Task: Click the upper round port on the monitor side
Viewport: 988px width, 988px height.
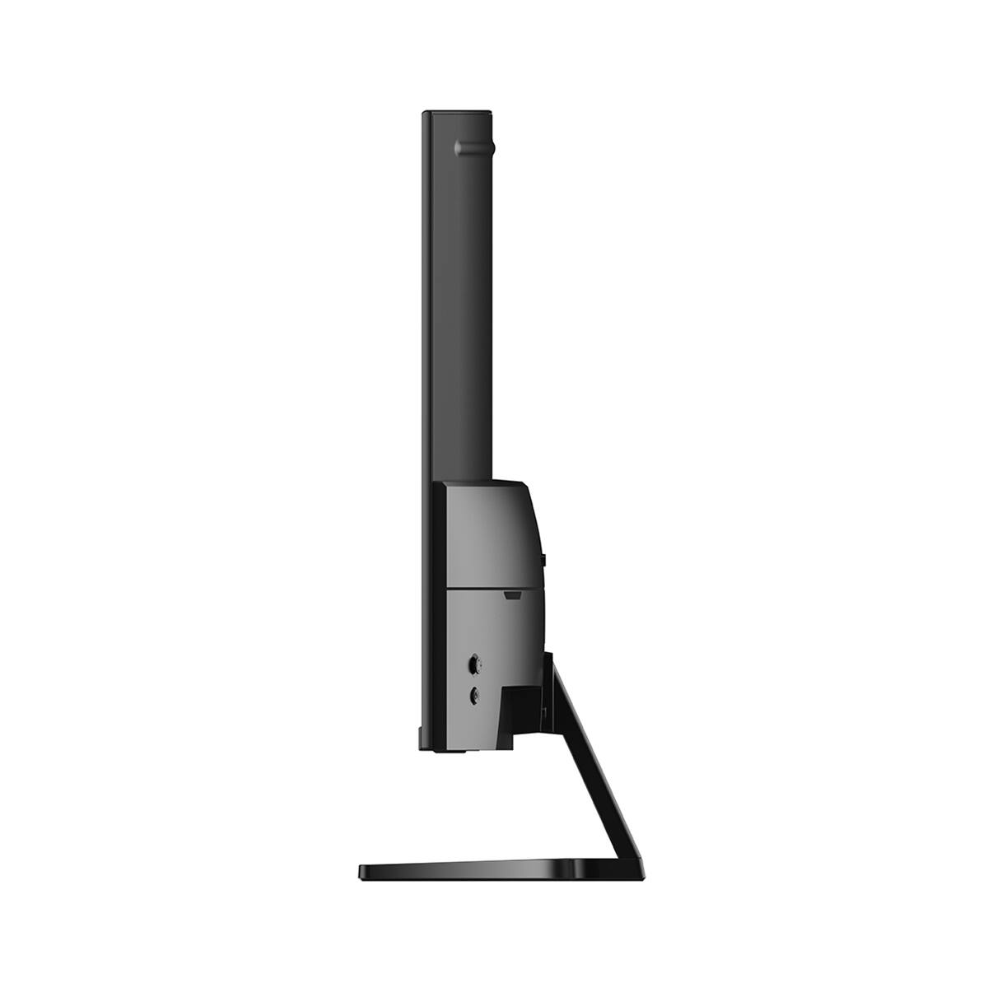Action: [474, 662]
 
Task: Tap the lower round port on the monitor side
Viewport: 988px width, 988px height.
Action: [474, 696]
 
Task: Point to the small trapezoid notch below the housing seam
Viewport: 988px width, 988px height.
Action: [511, 592]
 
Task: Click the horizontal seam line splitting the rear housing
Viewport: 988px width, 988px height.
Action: [486, 586]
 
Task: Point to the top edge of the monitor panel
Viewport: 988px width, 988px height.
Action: [457, 112]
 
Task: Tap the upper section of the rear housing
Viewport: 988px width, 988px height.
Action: [490, 531]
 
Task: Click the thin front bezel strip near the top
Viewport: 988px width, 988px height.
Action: [426, 206]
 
